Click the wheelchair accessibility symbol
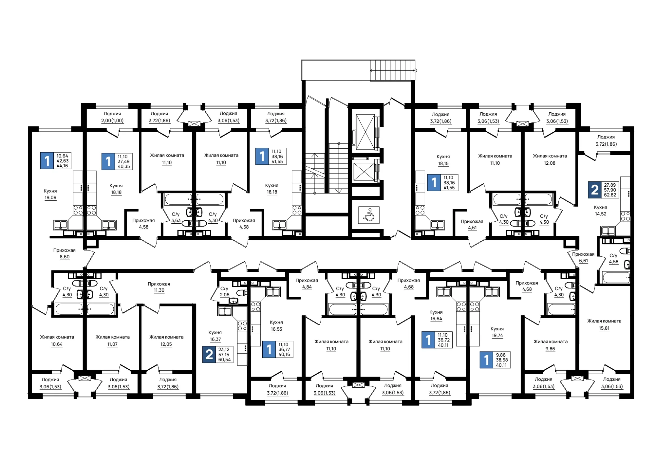coord(369,215)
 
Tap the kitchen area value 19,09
coord(50,198)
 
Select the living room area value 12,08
coord(550,163)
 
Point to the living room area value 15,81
coord(604,328)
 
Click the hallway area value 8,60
coord(65,257)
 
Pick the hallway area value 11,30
coord(159,290)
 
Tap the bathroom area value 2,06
coord(224,295)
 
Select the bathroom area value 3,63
coord(176,221)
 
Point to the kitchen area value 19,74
coord(497,336)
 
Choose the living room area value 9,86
coord(550,349)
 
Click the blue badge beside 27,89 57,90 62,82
coord(594,190)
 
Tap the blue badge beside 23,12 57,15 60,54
coord(209,355)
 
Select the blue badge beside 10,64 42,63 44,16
coord(47,161)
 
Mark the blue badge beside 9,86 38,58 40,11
coord(486,360)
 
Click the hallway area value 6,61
coord(583,261)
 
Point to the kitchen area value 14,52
coord(601,214)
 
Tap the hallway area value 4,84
coord(307,287)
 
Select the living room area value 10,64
coord(57,344)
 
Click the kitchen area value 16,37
coord(215,340)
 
